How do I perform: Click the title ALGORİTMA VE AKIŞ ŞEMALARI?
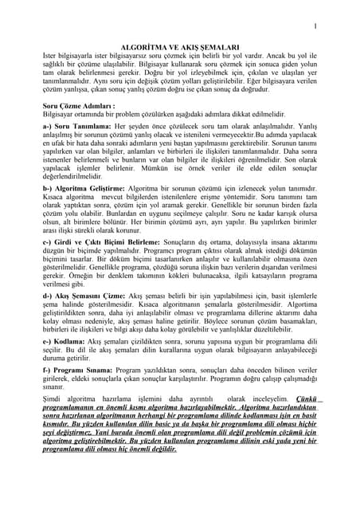(179, 49)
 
